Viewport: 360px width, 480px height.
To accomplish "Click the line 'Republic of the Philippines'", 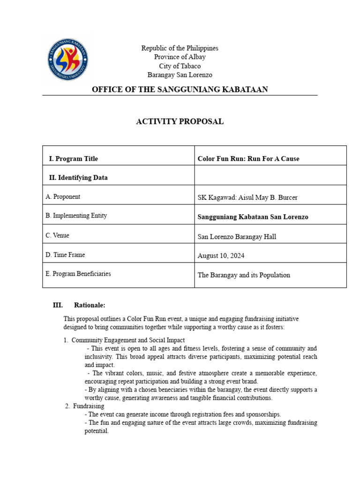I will click(180, 48).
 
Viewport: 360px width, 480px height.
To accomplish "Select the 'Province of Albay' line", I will click(180, 57).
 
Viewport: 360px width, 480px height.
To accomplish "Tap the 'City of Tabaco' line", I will click(180, 66).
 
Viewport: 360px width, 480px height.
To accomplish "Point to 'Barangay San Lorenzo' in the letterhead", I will click(180, 75).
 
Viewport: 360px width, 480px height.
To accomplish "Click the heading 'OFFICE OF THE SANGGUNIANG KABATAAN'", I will click(180, 90).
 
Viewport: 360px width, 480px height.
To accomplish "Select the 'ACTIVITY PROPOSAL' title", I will click(180, 122).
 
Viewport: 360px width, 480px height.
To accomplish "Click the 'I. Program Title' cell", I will click(74, 159).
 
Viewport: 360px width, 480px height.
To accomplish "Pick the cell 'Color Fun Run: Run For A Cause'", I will click(248, 159).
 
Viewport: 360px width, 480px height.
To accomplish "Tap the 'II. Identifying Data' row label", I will click(78, 178).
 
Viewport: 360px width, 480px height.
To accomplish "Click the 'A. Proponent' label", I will click(63, 197).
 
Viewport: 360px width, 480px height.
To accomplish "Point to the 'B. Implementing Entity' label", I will click(76, 216).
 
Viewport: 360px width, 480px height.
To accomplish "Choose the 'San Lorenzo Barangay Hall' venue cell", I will click(237, 237).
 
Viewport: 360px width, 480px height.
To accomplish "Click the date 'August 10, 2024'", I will click(221, 256).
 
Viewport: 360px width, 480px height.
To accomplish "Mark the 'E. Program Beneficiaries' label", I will click(78, 274).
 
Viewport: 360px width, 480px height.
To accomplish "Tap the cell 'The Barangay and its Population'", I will click(244, 275).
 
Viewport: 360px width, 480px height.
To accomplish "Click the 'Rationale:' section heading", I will click(90, 306).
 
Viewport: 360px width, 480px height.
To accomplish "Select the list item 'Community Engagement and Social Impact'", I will click(128, 340).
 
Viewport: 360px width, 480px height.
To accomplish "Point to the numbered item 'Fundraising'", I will click(89, 406).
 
